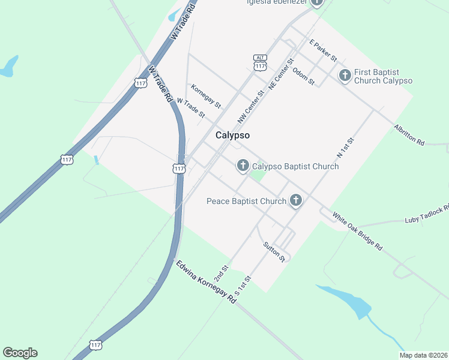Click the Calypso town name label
tap(232, 136)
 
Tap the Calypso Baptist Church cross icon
tap(243, 166)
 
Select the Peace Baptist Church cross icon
tap(295, 200)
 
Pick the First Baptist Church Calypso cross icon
tap(345, 76)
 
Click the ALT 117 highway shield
tap(260, 62)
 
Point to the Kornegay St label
tap(206, 96)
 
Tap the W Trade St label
tap(191, 109)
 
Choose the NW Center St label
tap(250, 107)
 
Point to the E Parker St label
tap(323, 50)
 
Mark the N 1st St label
tap(346, 147)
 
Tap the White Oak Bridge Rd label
tap(357, 231)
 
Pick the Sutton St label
tap(274, 251)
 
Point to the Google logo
tap(20, 353)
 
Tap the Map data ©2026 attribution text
tap(424, 355)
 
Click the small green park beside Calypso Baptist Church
tap(258, 176)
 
